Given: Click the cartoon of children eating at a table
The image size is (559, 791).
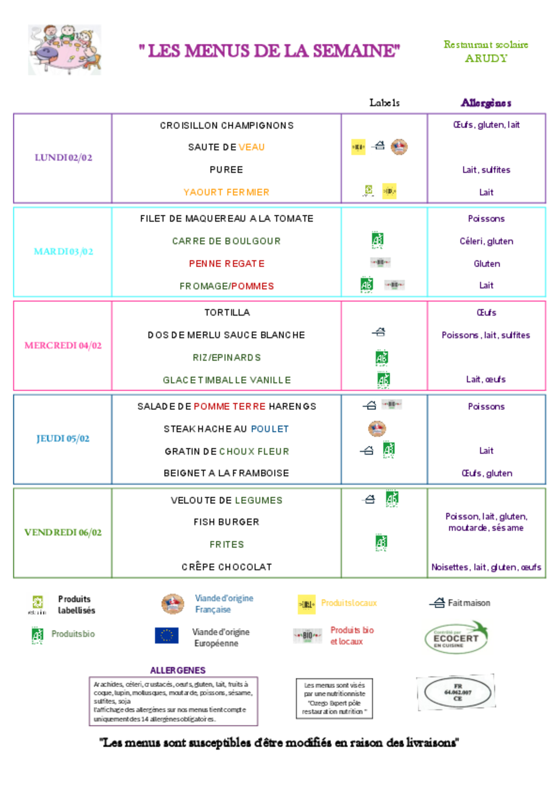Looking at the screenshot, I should [x=65, y=50].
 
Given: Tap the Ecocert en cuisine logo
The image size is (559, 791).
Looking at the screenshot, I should [x=457, y=637].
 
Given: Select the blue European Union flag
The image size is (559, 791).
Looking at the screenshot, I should [x=167, y=635].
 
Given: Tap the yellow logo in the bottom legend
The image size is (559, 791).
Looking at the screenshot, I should [x=306, y=604].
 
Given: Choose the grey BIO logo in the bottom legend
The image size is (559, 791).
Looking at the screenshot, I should [x=308, y=636].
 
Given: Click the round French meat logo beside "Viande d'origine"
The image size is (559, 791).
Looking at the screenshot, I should [x=173, y=604].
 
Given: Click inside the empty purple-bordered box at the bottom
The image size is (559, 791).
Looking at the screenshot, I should [x=173, y=701].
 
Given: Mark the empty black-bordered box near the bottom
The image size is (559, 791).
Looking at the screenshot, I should [x=334, y=699].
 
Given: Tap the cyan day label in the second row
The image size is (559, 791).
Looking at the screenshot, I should [x=63, y=251].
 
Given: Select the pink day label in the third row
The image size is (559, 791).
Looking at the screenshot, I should [x=63, y=346].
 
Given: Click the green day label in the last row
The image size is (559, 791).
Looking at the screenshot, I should [x=63, y=533].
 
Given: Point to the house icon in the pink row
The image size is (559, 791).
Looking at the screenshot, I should [x=380, y=332].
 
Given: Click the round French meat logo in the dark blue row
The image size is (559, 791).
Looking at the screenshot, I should [x=377, y=429].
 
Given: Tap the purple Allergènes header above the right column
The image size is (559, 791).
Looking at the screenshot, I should [x=486, y=103].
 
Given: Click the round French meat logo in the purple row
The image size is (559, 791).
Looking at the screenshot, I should [x=399, y=147].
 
